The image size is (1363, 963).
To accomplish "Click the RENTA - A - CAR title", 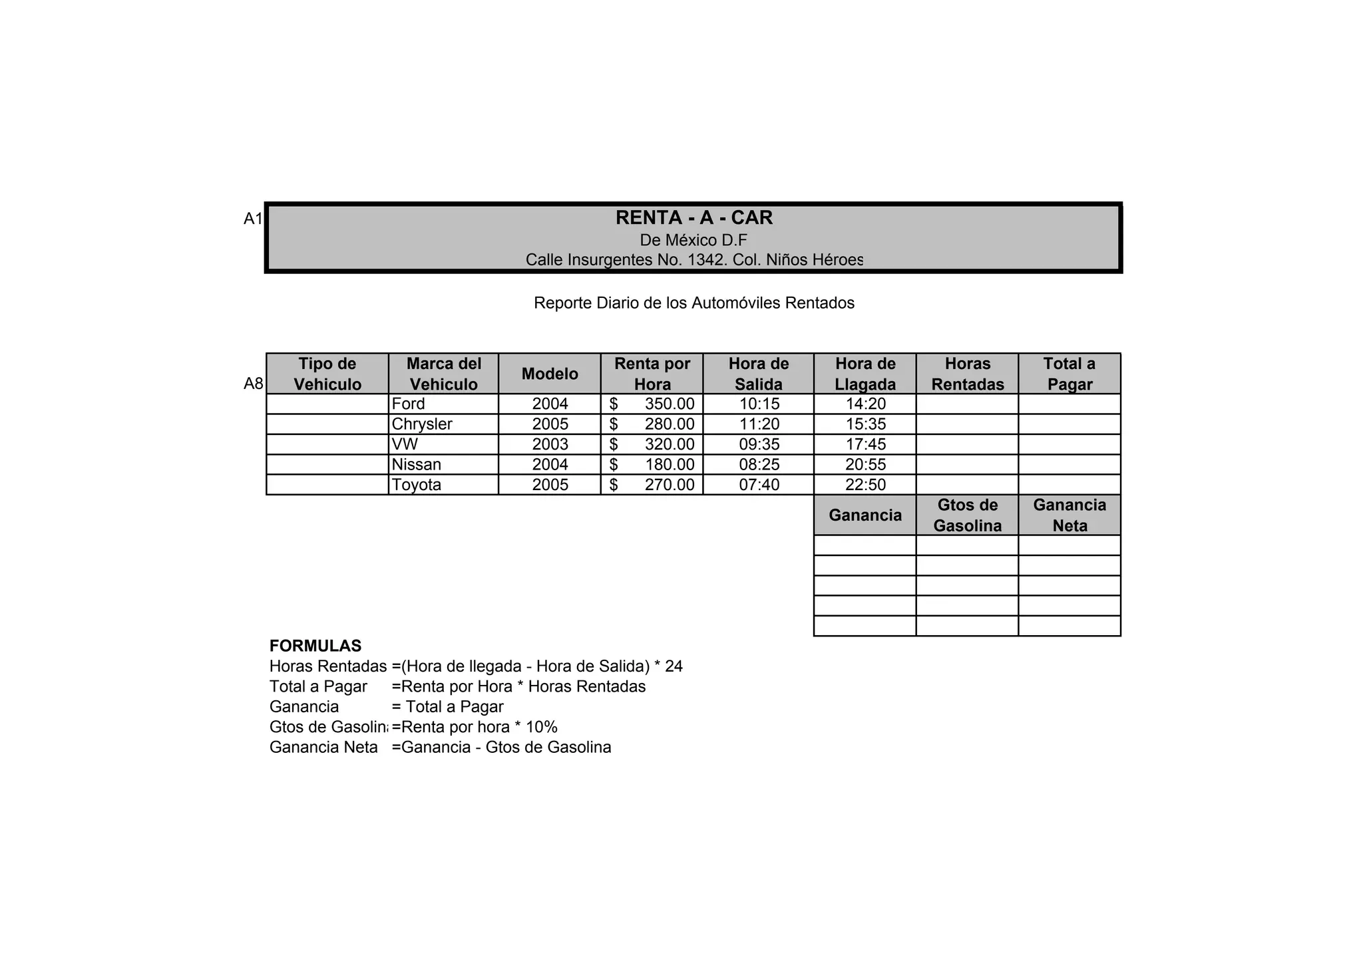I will tap(693, 217).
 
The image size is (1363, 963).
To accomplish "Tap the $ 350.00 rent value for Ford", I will tap(652, 404).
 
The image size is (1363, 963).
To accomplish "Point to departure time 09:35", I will tap(759, 444).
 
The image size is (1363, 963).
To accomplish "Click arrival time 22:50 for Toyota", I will tap(865, 485).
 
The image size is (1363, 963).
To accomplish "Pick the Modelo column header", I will tap(550, 374).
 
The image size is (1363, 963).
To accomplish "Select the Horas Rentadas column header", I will tap(967, 374).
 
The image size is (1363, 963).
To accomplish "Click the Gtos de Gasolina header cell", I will tap(967, 515).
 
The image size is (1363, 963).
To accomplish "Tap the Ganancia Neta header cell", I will tap(1070, 515).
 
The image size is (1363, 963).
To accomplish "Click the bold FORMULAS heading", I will tap(315, 646).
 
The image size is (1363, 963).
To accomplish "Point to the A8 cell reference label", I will tap(254, 384).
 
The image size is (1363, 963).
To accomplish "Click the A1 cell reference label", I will tap(253, 219).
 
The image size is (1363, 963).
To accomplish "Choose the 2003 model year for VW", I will tap(550, 444).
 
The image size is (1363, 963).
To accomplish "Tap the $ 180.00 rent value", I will tap(652, 465).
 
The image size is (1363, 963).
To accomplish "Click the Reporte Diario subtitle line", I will tap(693, 303).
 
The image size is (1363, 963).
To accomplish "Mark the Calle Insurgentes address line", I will tap(693, 259).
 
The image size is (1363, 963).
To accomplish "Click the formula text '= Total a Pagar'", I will tap(447, 706).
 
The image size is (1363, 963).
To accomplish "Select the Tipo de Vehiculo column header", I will tap(327, 374).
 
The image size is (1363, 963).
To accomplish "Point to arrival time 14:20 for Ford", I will tap(865, 404).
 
